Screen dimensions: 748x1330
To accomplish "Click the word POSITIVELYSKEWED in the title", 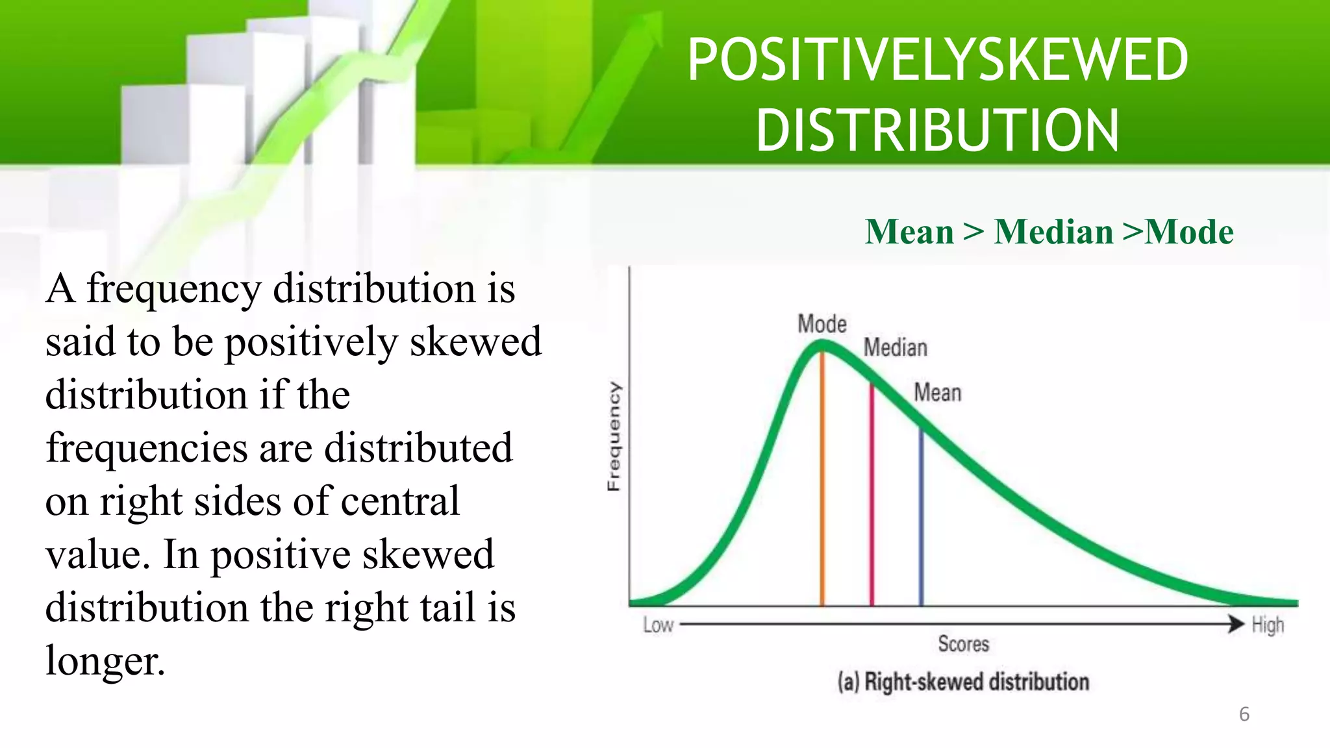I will pyautogui.click(x=937, y=60).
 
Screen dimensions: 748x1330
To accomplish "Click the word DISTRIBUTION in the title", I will pyautogui.click(x=937, y=131).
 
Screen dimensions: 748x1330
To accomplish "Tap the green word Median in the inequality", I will pyautogui.click(x=1053, y=232).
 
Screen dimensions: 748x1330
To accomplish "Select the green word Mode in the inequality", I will pyautogui.click(x=1189, y=232).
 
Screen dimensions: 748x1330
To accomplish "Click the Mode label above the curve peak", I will pyautogui.click(x=822, y=323).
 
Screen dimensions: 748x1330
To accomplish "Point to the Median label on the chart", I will pyautogui.click(x=895, y=347).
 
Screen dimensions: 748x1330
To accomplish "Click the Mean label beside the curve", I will pyautogui.click(x=937, y=392).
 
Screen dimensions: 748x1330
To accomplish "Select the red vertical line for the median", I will pyautogui.click(x=872, y=500).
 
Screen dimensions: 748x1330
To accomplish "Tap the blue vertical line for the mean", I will pyautogui.click(x=921, y=519).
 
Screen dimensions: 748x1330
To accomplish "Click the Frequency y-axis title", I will pyautogui.click(x=614, y=436).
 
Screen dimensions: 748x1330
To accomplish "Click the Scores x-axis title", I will pyautogui.click(x=963, y=643).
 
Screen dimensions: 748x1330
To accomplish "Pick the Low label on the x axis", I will pyautogui.click(x=658, y=625).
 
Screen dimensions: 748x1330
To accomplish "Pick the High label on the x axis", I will pyautogui.click(x=1268, y=625).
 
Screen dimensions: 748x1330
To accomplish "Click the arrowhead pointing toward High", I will pyautogui.click(x=1236, y=623).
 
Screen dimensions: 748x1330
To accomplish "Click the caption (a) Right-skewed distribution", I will pyautogui.click(x=963, y=682).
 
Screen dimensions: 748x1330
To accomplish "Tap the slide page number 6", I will pyautogui.click(x=1244, y=714).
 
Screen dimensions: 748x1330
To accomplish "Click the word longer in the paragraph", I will pyautogui.click(x=105, y=661).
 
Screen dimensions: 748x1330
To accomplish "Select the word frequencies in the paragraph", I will pyautogui.click(x=147, y=448).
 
